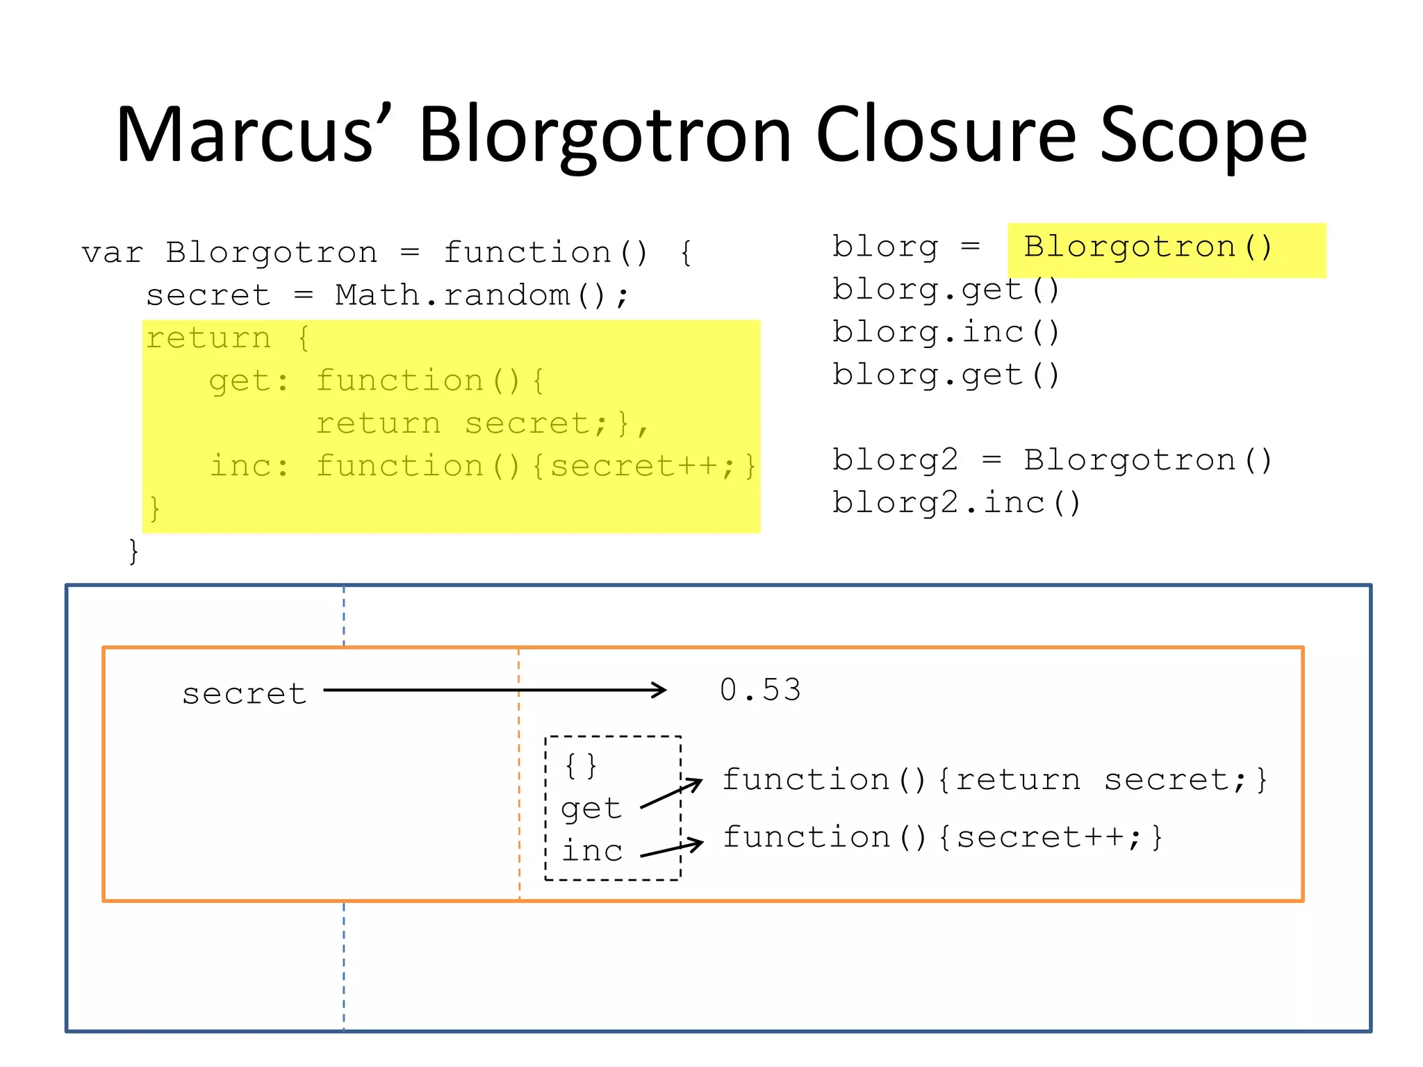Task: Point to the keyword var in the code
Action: tap(112, 253)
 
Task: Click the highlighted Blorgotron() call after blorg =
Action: tap(1147, 247)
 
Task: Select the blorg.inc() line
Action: tap(946, 332)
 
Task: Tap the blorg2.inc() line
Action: tap(956, 503)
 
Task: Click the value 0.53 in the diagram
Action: tap(760, 690)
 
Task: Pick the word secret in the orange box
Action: tap(244, 694)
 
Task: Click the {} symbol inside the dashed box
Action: tap(580, 766)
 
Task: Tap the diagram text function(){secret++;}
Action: tap(942, 837)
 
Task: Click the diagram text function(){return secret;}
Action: tap(995, 780)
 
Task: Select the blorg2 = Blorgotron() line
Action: tap(1052, 461)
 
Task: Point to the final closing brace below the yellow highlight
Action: tap(134, 552)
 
